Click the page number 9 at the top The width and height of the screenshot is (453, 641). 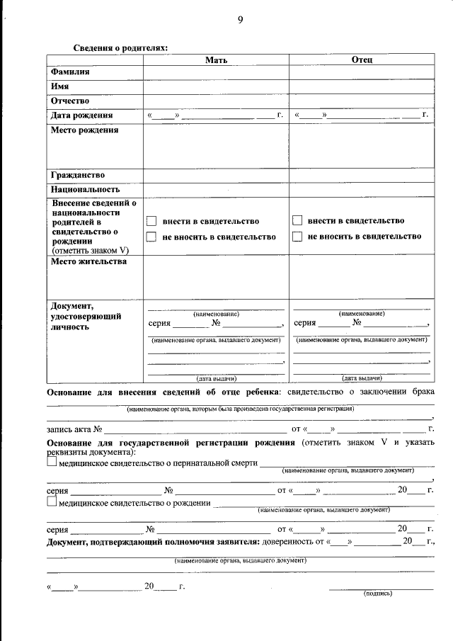240,20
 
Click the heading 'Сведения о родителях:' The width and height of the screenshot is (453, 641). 121,48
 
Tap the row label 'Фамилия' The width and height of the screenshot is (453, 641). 70,72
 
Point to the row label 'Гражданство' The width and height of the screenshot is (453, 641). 78,175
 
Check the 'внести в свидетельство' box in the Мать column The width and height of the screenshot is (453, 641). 150,221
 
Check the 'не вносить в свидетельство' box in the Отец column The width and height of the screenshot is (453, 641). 297,237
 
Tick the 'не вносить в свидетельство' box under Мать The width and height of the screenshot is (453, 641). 150,237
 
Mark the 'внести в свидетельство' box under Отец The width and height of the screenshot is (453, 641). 297,221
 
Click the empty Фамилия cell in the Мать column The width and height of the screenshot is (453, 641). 216,72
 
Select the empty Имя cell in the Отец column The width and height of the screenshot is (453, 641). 362,86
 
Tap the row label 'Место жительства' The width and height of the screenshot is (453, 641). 88,261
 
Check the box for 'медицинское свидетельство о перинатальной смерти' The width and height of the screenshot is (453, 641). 52,462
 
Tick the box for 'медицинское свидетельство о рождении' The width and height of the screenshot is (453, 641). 52,502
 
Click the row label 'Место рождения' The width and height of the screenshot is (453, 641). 84,130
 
